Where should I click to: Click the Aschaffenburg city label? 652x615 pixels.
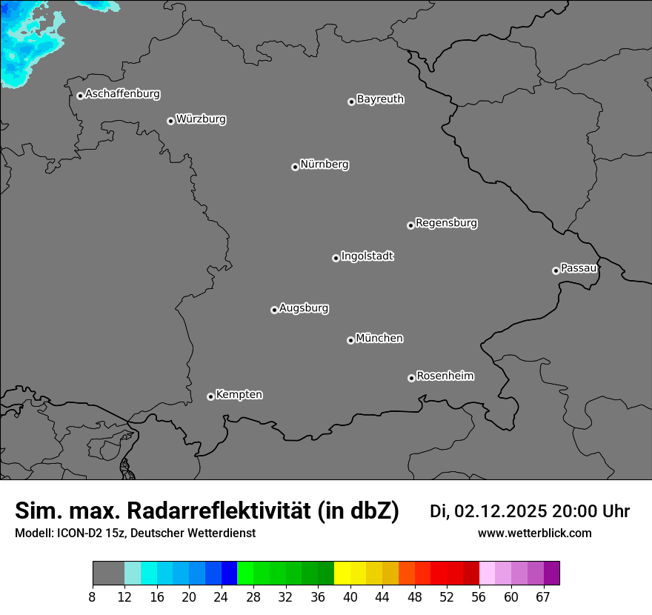(x=122, y=94)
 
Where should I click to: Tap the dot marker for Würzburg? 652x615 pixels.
(x=170, y=121)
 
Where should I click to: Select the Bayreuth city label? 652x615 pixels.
(x=380, y=99)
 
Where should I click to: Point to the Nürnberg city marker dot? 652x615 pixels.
(x=295, y=167)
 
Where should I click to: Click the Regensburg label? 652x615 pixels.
(x=446, y=222)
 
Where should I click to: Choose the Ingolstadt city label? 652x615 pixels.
(x=367, y=256)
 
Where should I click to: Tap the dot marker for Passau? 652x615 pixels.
(x=556, y=270)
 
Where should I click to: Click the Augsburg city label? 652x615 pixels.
(x=304, y=307)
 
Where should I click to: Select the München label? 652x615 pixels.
(x=379, y=338)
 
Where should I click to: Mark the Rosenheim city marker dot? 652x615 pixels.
(x=411, y=379)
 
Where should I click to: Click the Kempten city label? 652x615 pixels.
(x=239, y=394)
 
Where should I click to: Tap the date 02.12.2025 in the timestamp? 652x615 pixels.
(x=500, y=511)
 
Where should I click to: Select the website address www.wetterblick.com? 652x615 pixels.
(x=534, y=533)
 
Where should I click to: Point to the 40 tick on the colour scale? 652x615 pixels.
(x=350, y=596)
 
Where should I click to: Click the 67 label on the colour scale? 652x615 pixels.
(x=543, y=596)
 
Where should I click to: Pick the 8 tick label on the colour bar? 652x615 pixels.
(x=93, y=596)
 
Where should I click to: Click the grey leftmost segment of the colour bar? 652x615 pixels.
(x=108, y=574)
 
